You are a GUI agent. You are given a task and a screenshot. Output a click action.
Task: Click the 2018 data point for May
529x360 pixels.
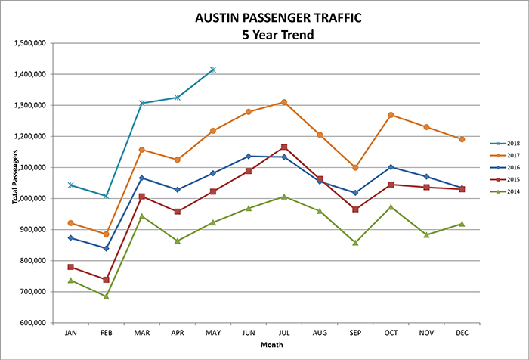point(213,70)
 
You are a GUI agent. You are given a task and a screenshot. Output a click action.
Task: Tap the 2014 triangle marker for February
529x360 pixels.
point(107,296)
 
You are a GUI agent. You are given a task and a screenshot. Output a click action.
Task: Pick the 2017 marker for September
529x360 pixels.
point(355,168)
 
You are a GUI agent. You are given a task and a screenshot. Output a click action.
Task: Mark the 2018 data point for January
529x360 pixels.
point(71,185)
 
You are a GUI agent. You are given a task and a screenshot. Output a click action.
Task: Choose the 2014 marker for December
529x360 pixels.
point(462,224)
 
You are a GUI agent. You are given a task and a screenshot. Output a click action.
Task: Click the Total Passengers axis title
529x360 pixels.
point(14,183)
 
